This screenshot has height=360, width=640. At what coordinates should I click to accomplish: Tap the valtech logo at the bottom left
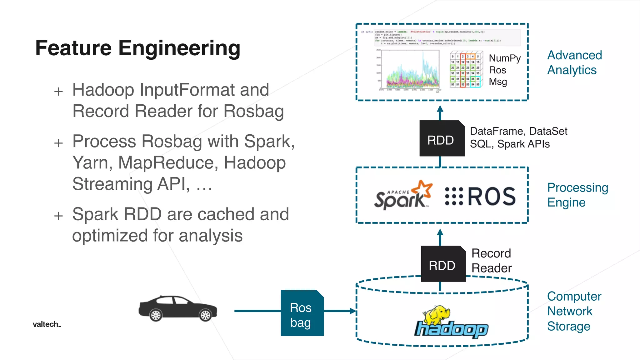pyautogui.click(x=47, y=324)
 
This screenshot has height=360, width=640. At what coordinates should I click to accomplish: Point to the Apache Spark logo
pyautogui.click(x=403, y=195)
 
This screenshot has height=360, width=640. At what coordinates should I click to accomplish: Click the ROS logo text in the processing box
pyautogui.click(x=491, y=197)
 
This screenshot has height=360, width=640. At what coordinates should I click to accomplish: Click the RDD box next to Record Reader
pyautogui.click(x=443, y=264)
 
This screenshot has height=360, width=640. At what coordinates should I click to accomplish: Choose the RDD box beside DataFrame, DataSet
pyautogui.click(x=441, y=139)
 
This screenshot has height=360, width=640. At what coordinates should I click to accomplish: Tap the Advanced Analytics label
pyautogui.click(x=574, y=62)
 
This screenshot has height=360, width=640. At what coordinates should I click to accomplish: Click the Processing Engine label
pyautogui.click(x=577, y=195)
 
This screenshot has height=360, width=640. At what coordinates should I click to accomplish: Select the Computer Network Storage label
pyautogui.click(x=574, y=311)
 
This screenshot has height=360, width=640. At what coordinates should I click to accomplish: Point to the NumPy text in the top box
pyautogui.click(x=504, y=58)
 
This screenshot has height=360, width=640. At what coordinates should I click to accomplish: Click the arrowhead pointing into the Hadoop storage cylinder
pyautogui.click(x=353, y=311)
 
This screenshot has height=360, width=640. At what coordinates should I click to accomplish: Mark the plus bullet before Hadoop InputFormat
pyautogui.click(x=58, y=92)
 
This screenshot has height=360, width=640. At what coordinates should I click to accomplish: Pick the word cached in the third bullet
pyautogui.click(x=224, y=214)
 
